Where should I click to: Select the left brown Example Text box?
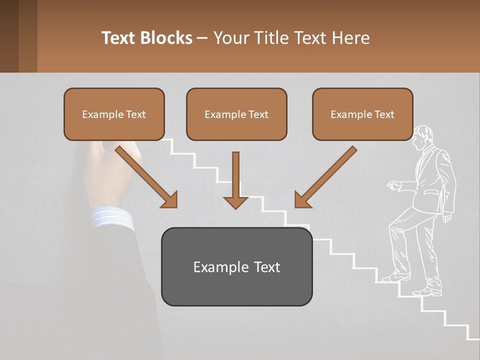click(114, 114)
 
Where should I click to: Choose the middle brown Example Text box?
click(236, 114)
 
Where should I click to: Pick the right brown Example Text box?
click(362, 114)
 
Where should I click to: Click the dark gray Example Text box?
click(236, 267)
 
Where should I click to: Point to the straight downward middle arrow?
click(235, 180)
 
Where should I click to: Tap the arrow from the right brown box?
click(325, 177)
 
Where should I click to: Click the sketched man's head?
click(422, 137)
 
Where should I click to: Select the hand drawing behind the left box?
click(107, 170)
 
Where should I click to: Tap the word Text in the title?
click(120, 38)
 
